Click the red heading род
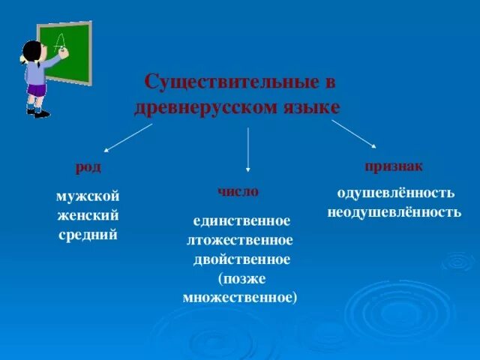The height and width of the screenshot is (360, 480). (x=88, y=166)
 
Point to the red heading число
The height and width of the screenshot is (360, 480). (x=238, y=192)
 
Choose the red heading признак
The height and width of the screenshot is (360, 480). (x=394, y=165)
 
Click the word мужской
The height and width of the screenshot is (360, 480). (x=88, y=196)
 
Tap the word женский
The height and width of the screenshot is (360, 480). (x=88, y=216)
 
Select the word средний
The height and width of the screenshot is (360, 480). (x=88, y=235)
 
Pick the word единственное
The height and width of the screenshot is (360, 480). (x=241, y=222)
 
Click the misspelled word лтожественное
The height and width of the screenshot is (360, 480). (x=241, y=241)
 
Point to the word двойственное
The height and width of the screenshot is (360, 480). (x=241, y=259)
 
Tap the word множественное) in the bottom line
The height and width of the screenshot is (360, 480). (x=241, y=297)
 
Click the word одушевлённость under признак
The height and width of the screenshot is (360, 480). (x=395, y=193)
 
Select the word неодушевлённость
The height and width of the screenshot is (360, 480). (x=394, y=212)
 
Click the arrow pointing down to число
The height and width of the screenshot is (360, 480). (x=248, y=150)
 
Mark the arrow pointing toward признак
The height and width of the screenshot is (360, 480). (x=354, y=134)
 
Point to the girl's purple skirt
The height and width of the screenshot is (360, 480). (x=36, y=91)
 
